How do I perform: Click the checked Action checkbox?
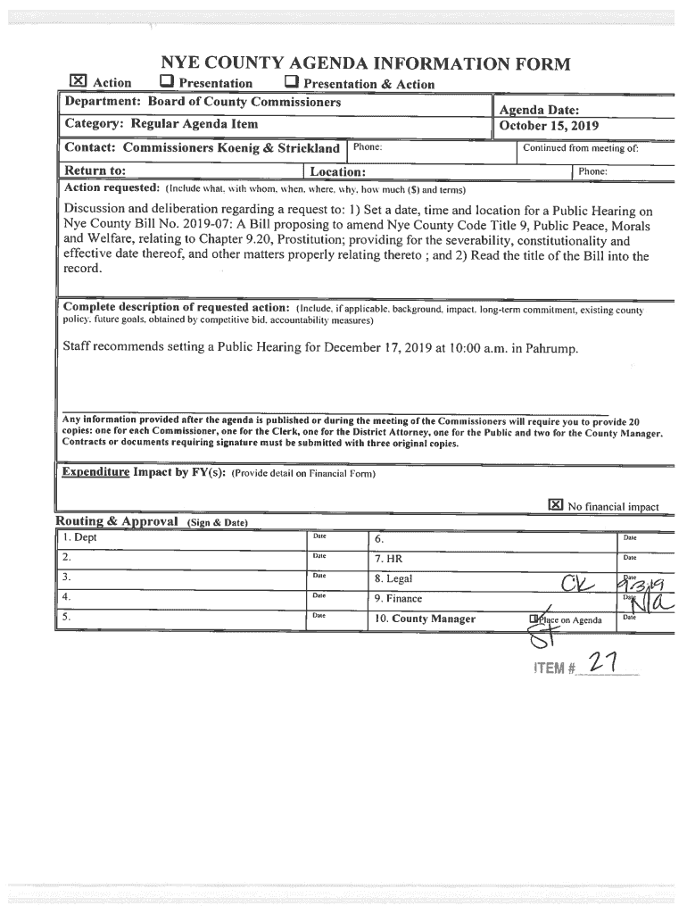pos(79,83)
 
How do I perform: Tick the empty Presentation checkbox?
pos(166,83)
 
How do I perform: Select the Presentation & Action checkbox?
pos(291,84)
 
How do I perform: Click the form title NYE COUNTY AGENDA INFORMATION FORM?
pos(364,63)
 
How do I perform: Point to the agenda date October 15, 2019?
pos(549,126)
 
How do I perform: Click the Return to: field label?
pos(94,170)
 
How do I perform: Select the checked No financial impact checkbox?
pos(555,505)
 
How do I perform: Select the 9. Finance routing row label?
pos(398,599)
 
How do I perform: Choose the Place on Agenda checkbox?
pos(533,619)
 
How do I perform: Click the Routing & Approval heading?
pos(118,520)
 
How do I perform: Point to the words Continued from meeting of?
pos(580,148)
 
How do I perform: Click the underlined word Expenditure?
pos(95,471)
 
